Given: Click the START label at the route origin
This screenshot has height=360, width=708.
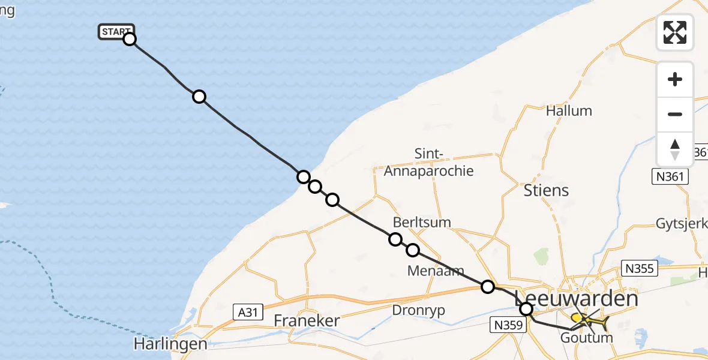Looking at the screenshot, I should [116, 32].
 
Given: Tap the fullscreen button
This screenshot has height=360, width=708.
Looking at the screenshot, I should [675, 32].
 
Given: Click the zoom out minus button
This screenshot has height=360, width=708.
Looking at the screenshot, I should [675, 114].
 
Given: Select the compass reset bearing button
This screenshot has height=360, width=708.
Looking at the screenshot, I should [675, 149].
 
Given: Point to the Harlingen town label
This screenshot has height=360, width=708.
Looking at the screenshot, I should [170, 344].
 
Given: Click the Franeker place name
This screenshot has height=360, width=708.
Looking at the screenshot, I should [307, 320].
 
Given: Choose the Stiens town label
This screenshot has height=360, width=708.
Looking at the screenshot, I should [546, 191].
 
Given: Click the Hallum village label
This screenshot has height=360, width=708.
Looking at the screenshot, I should [569, 111].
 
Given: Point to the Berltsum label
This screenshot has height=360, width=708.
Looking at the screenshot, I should [422, 222].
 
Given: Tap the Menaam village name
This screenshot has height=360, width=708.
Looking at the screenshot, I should [436, 271].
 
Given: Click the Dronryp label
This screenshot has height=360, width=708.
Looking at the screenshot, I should [420, 310].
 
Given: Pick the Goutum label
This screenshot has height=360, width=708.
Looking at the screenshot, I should [586, 338].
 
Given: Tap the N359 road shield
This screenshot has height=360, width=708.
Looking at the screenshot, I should [508, 325].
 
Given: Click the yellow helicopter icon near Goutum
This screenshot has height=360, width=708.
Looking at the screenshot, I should [591, 321].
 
